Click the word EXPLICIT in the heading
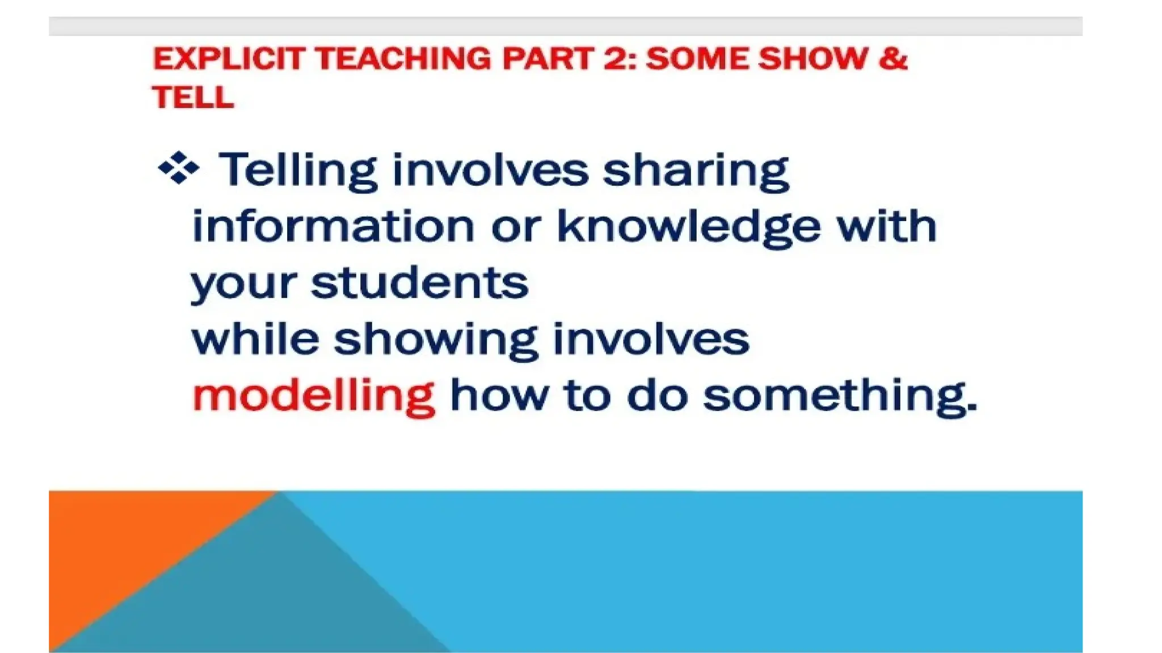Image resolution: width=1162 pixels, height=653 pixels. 229,59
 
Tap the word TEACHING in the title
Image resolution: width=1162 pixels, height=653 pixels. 403,59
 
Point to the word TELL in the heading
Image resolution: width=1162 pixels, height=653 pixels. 193,97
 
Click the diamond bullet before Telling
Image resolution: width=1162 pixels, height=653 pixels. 179,168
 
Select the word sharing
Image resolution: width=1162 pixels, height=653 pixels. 696,171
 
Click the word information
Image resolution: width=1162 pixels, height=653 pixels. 333,226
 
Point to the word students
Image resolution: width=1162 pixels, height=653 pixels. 420,283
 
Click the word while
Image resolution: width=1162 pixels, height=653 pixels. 255,339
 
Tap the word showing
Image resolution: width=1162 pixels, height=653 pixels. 435,341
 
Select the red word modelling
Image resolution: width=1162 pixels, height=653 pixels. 314,396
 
